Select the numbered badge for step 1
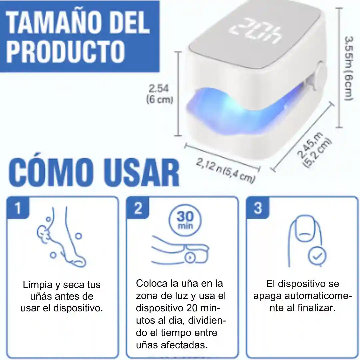[x=18, y=208]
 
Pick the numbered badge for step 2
[x=138, y=208]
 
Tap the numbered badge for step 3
[x=258, y=208]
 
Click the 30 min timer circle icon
[x=185, y=220]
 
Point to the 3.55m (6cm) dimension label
[x=349, y=68]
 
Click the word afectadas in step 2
[x=184, y=345]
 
